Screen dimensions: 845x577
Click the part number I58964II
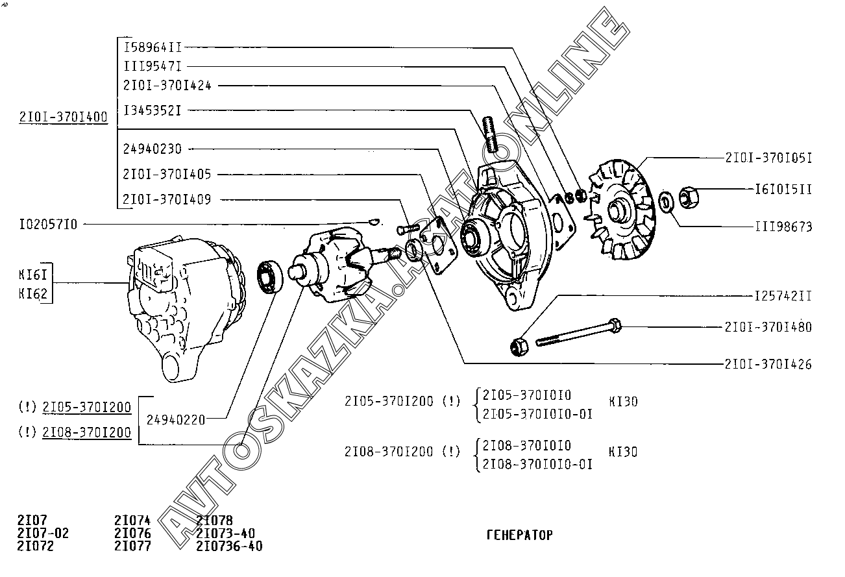153,47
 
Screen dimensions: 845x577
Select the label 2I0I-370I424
167,86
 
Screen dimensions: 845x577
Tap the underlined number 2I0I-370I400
64,117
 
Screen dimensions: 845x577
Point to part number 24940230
153,149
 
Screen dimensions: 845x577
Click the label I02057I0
48,225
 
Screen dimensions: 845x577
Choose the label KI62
33,293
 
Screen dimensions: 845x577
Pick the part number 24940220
176,420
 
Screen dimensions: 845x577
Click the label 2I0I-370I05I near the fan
769,158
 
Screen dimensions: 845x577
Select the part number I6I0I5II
783,189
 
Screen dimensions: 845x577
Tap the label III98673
783,227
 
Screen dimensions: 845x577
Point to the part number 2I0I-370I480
768,327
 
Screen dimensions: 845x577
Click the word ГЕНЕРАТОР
520,535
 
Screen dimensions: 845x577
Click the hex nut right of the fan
689,197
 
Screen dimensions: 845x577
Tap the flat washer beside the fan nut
667,202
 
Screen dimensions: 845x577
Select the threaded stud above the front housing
490,134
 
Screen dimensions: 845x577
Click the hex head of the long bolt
615,325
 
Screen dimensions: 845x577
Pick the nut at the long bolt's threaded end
519,347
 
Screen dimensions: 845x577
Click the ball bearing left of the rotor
270,276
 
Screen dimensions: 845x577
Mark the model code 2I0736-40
229,546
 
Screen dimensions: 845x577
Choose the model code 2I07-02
43,534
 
